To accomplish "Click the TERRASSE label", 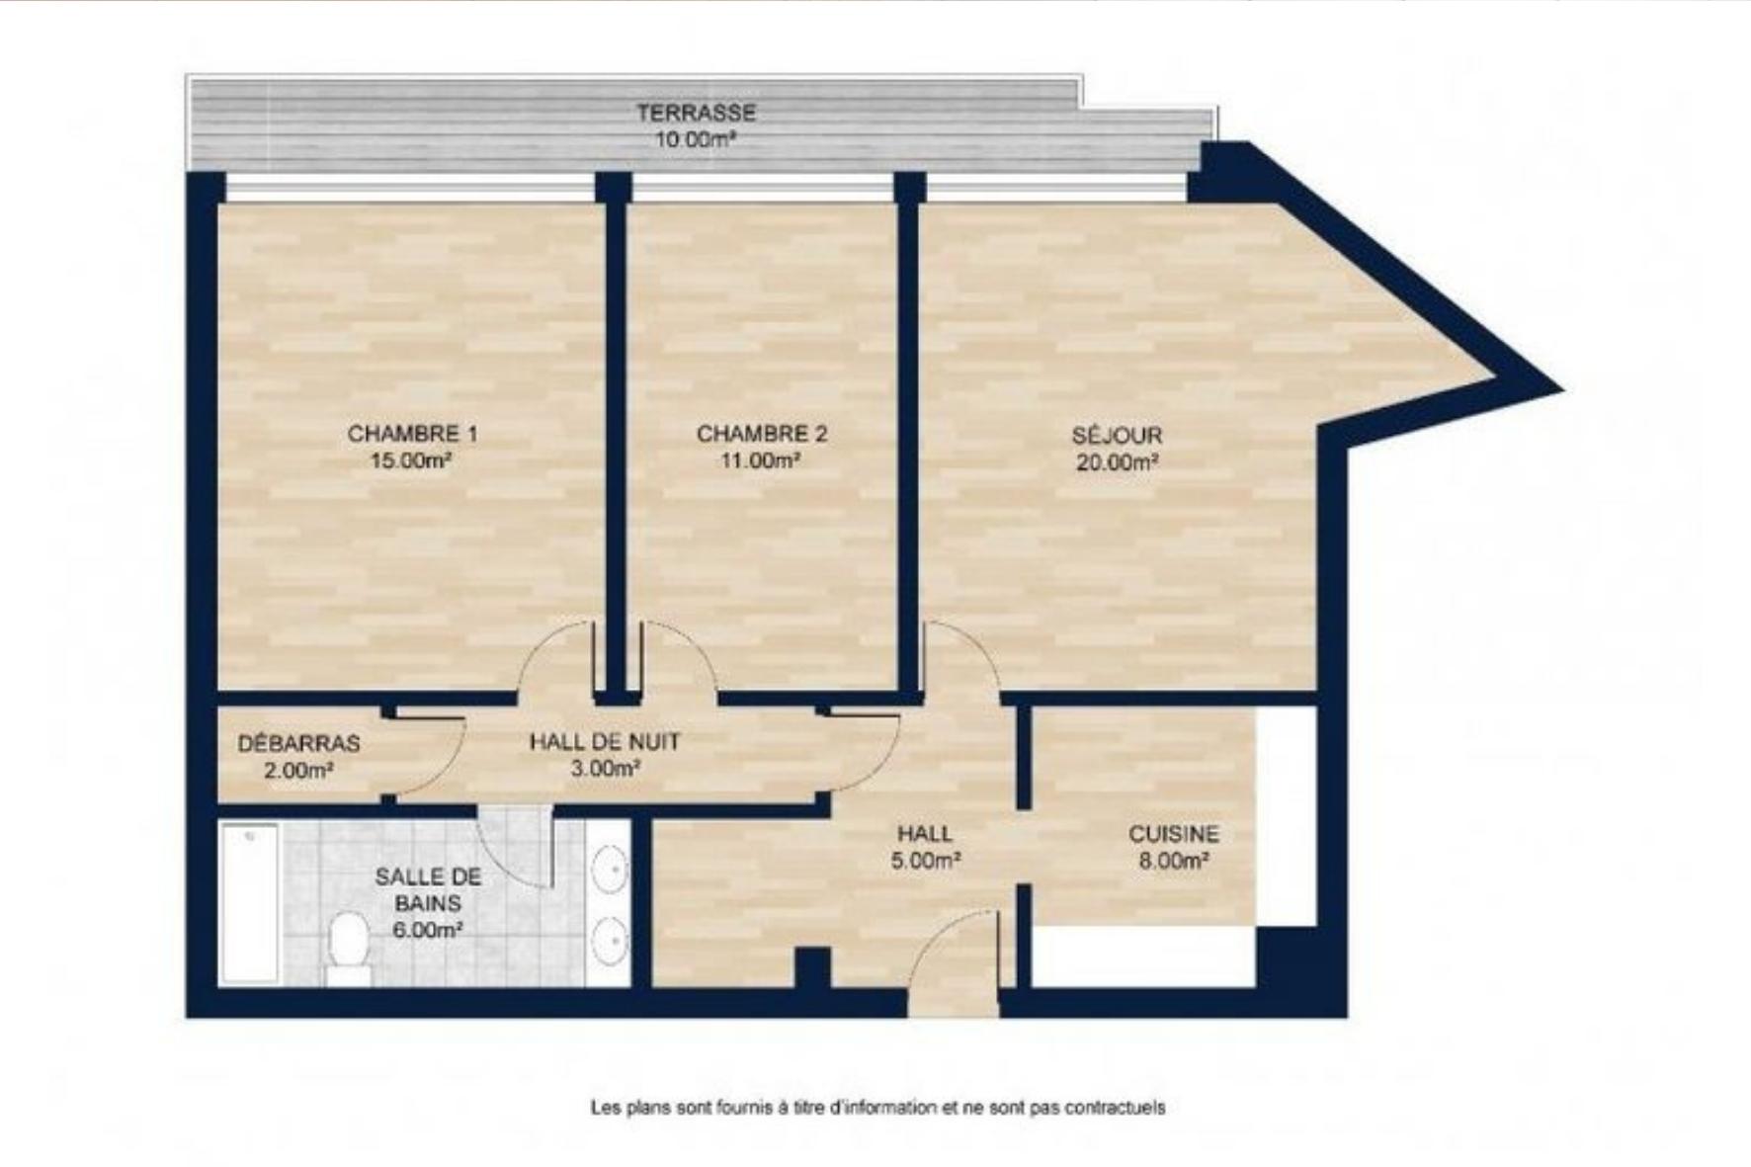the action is click(x=696, y=113).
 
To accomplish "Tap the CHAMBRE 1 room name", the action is click(x=412, y=434).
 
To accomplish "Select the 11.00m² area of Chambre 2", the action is click(x=760, y=460).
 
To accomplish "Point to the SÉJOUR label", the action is click(x=1117, y=435).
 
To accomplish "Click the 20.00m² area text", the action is click(x=1117, y=461).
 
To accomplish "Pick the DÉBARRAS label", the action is click(x=298, y=743).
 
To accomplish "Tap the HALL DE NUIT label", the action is click(x=605, y=741).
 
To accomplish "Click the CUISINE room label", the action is click(x=1174, y=834).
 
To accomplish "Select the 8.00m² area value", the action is click(x=1174, y=861).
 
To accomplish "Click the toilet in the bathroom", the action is click(x=347, y=947).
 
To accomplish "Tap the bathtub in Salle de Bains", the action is click(x=249, y=903).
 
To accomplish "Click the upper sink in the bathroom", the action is click(x=610, y=869).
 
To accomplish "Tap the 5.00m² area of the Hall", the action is click(x=926, y=861).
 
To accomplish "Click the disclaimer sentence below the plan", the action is click(x=877, y=1108).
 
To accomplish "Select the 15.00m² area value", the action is click(x=411, y=460).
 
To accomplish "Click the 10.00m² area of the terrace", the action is click(x=697, y=139).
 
